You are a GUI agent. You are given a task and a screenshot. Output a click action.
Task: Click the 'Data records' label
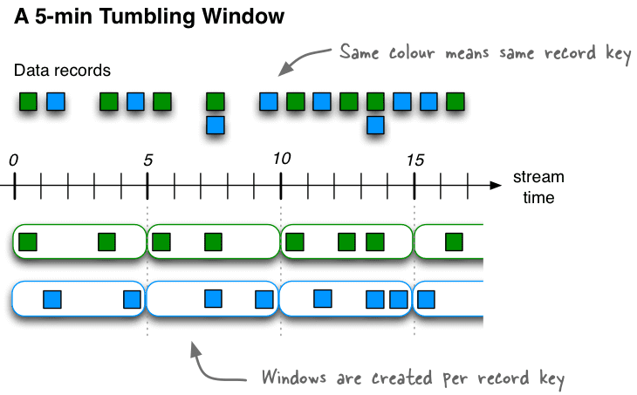coord(62,71)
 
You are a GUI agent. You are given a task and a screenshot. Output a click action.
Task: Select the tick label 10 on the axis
coord(281,159)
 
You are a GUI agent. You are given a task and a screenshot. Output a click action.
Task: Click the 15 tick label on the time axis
coord(414,160)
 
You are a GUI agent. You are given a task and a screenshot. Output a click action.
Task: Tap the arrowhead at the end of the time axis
coord(496,185)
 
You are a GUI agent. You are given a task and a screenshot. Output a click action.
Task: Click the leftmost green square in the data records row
coord(29,101)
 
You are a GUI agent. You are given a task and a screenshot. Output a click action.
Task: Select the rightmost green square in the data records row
coord(455,101)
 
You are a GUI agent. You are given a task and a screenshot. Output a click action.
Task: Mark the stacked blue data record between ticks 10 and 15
coord(375,125)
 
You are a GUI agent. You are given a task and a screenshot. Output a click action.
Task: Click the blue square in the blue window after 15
coord(426,299)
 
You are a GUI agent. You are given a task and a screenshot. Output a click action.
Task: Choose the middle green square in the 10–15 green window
coord(347,242)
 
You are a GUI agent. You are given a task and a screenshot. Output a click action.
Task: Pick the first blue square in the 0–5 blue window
coord(52,299)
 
